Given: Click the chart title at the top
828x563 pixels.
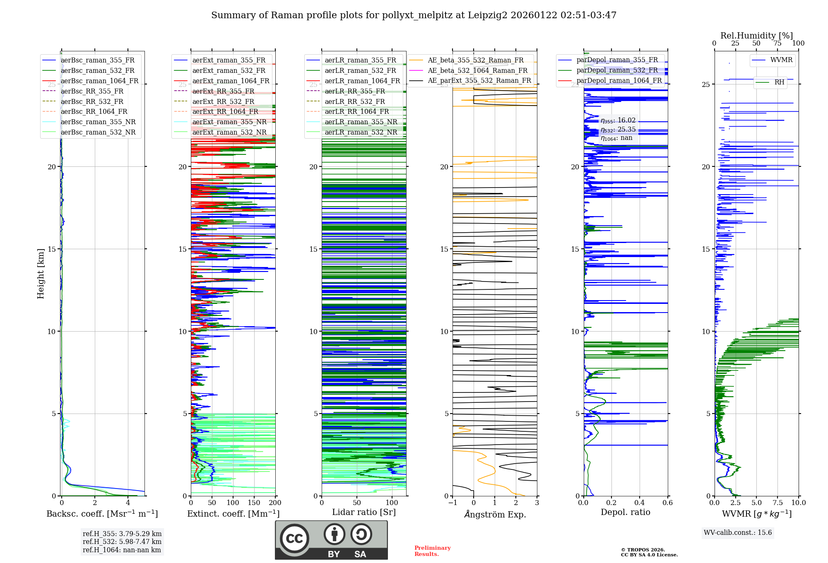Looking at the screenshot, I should coord(414,15).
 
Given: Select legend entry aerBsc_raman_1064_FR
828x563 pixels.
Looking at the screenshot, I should coord(99,81).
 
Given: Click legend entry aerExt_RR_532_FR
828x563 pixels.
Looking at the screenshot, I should coord(223,101).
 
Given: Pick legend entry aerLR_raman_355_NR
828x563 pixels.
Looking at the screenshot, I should coord(361,122).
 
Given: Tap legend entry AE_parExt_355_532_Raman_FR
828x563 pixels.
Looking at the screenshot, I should coord(479,80).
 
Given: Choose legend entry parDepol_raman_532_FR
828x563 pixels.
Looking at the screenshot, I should coord(617,70).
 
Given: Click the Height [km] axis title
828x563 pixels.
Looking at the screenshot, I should coord(41,274).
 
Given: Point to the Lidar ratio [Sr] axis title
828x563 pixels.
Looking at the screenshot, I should coord(364,512).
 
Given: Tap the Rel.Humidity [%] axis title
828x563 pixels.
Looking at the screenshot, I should coord(756,36).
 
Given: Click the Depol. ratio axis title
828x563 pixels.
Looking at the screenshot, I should coord(625,512).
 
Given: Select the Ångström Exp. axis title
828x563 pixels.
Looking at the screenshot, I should coord(495,514).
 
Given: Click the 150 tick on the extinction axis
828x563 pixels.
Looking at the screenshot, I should coord(254,503).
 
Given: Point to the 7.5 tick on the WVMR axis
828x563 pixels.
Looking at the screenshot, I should coord(777,503).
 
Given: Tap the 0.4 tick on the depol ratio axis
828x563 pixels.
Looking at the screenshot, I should coord(640,503).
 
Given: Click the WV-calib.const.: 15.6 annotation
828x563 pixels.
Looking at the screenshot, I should coord(738,533).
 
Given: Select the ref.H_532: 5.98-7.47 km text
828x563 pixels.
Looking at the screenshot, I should coord(122,541).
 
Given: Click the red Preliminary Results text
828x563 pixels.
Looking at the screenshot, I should coord(432,551).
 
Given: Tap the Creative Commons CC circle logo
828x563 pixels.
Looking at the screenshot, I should coord(294,539).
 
